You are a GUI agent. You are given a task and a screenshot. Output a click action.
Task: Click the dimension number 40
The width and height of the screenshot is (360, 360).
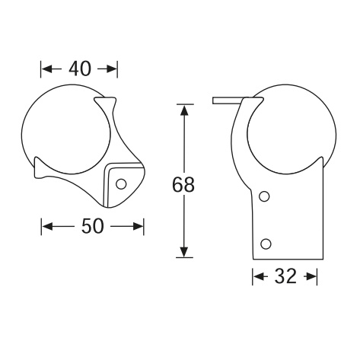click(79, 68)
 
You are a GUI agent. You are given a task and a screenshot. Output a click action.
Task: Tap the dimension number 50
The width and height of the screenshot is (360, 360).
click(93, 226)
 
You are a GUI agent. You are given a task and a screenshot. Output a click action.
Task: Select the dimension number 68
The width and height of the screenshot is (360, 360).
click(183, 184)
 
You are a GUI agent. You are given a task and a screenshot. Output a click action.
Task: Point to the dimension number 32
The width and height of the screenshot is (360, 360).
click(285, 276)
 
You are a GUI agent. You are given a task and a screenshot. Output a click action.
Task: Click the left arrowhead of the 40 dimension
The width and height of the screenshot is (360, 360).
click(47, 68)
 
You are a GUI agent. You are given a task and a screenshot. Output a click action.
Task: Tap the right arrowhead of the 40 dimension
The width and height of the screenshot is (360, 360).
click(111, 68)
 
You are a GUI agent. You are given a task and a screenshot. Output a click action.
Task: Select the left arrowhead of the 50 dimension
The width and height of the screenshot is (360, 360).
click(47, 226)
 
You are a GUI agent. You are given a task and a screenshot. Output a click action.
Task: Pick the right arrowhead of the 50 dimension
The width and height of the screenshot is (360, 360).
click(138, 226)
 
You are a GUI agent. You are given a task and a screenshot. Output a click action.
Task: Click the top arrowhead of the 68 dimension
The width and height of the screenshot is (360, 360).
click(184, 110)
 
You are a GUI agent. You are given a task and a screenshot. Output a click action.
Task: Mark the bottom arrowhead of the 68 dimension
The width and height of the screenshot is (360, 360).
click(184, 251)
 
